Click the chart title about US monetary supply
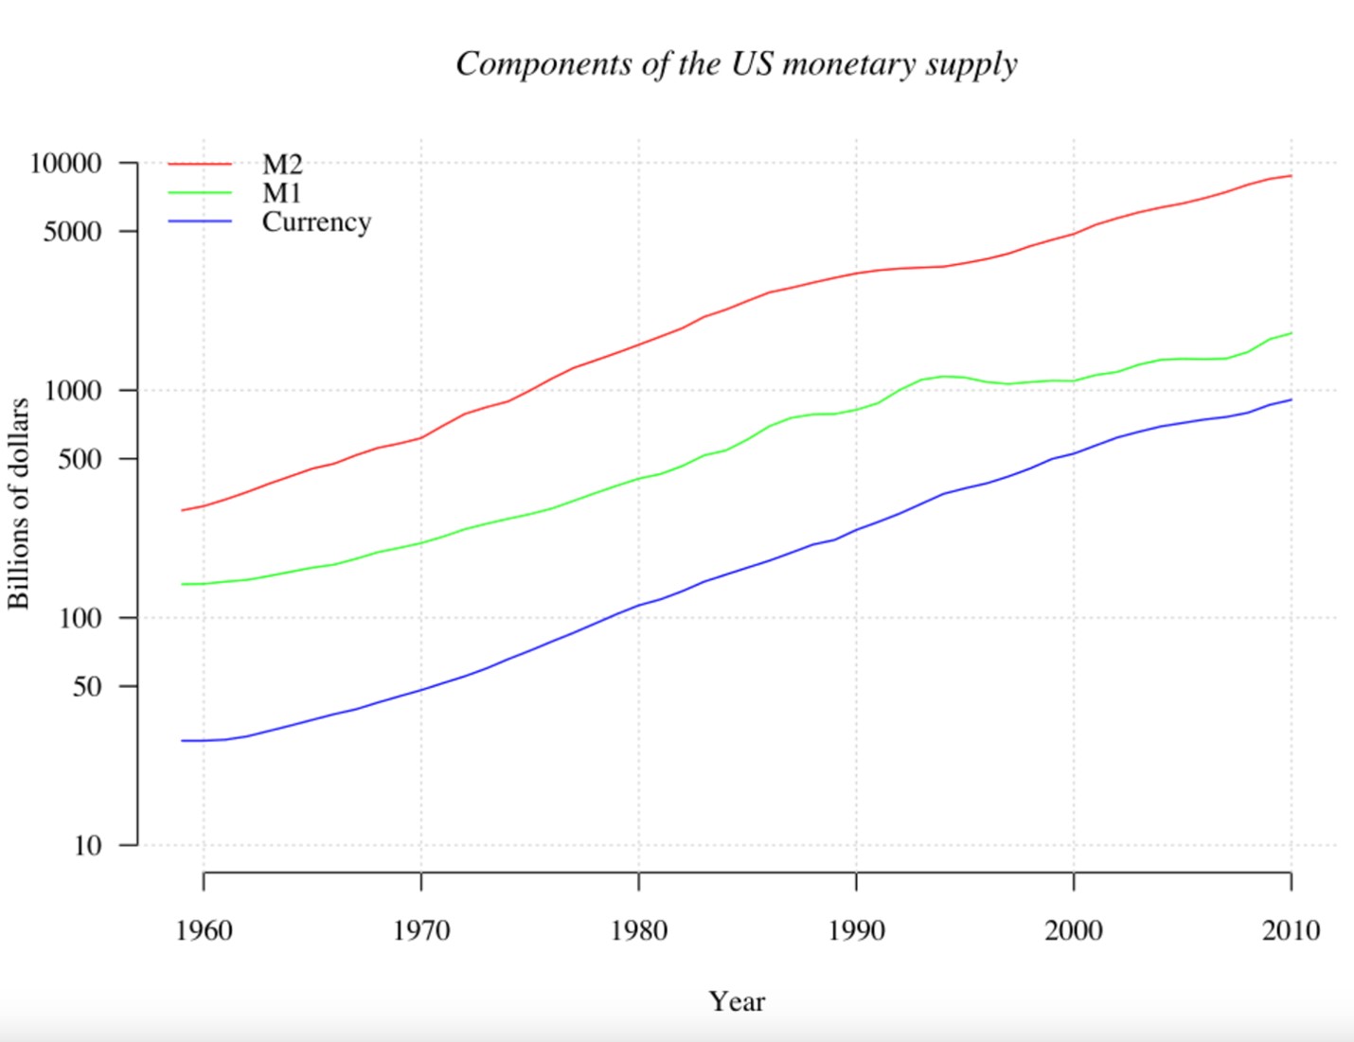coord(736,64)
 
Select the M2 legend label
coord(282,165)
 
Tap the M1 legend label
coord(281,193)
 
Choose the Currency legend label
coord(316,221)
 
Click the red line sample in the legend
coord(200,165)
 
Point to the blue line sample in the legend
coord(200,221)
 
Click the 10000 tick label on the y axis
coord(65,164)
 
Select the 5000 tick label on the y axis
coord(72,232)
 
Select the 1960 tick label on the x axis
coord(204,930)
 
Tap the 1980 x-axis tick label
coord(638,930)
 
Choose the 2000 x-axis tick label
coord(1073,930)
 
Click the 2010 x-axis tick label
coord(1291,930)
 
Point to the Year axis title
coord(737,1001)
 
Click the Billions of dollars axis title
coord(19,503)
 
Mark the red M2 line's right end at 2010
coord(1291,176)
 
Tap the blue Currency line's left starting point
coord(182,740)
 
